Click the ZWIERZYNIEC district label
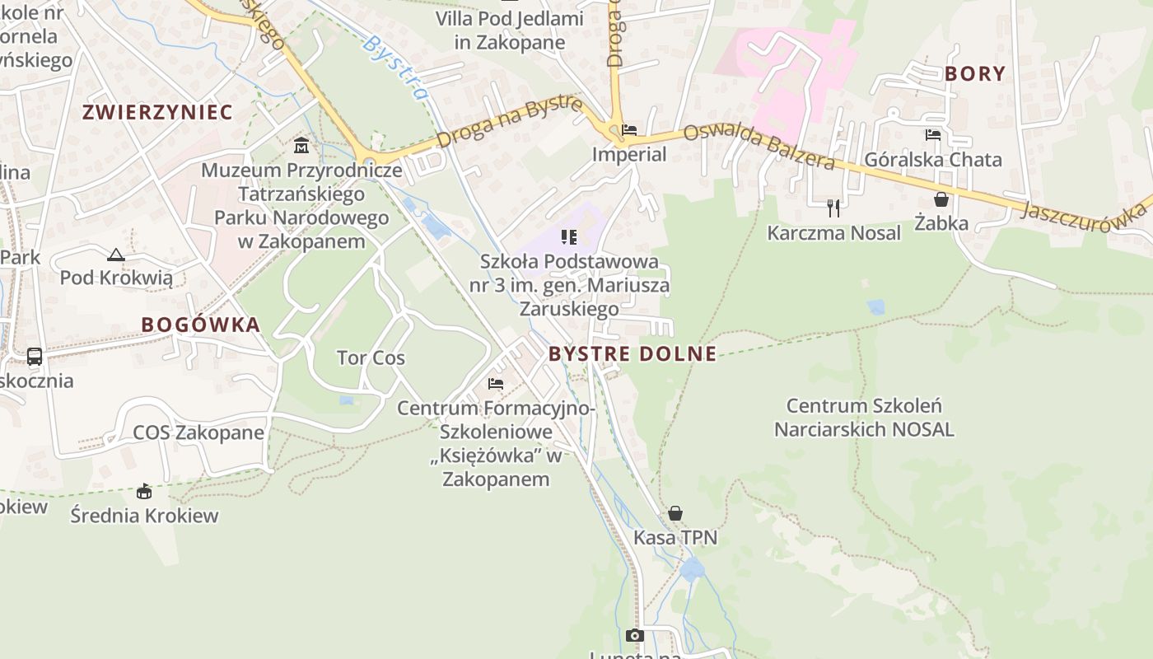(x=157, y=112)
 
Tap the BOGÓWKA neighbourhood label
(x=201, y=325)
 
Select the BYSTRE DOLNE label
(x=633, y=354)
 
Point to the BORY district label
(x=975, y=74)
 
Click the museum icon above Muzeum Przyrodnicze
(x=301, y=146)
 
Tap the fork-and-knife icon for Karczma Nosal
(x=833, y=208)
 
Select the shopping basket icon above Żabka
(x=941, y=199)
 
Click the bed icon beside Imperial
(x=629, y=130)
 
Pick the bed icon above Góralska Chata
(x=933, y=135)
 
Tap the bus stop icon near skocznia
(x=35, y=357)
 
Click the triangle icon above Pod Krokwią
(x=116, y=255)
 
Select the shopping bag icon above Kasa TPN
(x=675, y=513)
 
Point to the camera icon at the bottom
(x=634, y=635)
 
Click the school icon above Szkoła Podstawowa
(x=568, y=237)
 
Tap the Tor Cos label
(x=371, y=358)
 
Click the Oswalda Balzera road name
(x=759, y=146)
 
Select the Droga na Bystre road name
(x=510, y=123)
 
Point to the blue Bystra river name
(x=395, y=67)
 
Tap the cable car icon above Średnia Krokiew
(x=144, y=492)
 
